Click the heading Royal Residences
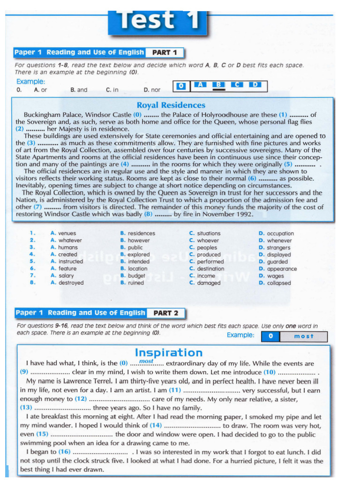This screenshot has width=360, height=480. point(171,105)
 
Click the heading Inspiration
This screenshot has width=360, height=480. point(169,352)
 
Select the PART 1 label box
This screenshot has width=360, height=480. point(165,52)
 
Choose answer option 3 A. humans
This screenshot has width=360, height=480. point(64,247)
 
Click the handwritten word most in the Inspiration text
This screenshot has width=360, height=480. point(146,361)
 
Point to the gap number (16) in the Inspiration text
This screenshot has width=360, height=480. point(64,452)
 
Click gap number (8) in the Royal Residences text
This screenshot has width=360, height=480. point(148,214)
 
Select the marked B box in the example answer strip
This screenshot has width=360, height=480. point(218,85)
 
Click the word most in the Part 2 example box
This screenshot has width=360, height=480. point(303,336)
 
